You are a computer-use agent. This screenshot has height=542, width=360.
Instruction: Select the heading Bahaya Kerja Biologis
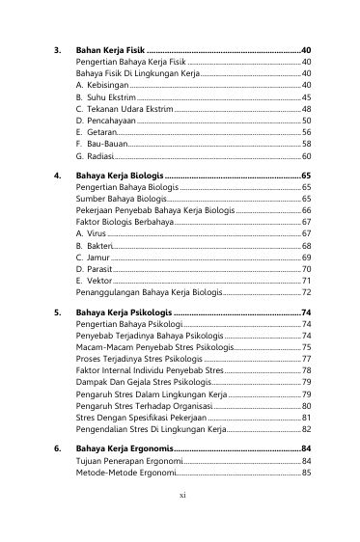[120, 176]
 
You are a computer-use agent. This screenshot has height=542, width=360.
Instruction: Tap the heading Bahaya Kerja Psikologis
[125, 313]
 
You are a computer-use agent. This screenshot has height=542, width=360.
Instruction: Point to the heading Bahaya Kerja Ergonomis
[125, 450]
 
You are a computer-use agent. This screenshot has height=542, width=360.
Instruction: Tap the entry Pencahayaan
[111, 121]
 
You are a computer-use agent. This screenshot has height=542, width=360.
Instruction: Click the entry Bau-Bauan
[106, 144]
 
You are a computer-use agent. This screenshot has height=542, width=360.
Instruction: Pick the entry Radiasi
[100, 155]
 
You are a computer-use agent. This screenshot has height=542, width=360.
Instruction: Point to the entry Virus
[96, 233]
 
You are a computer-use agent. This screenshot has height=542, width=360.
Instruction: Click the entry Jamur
[97, 257]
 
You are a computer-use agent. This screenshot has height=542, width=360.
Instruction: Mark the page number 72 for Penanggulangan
[306, 291]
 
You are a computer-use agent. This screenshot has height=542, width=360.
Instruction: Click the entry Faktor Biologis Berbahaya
[130, 222]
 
